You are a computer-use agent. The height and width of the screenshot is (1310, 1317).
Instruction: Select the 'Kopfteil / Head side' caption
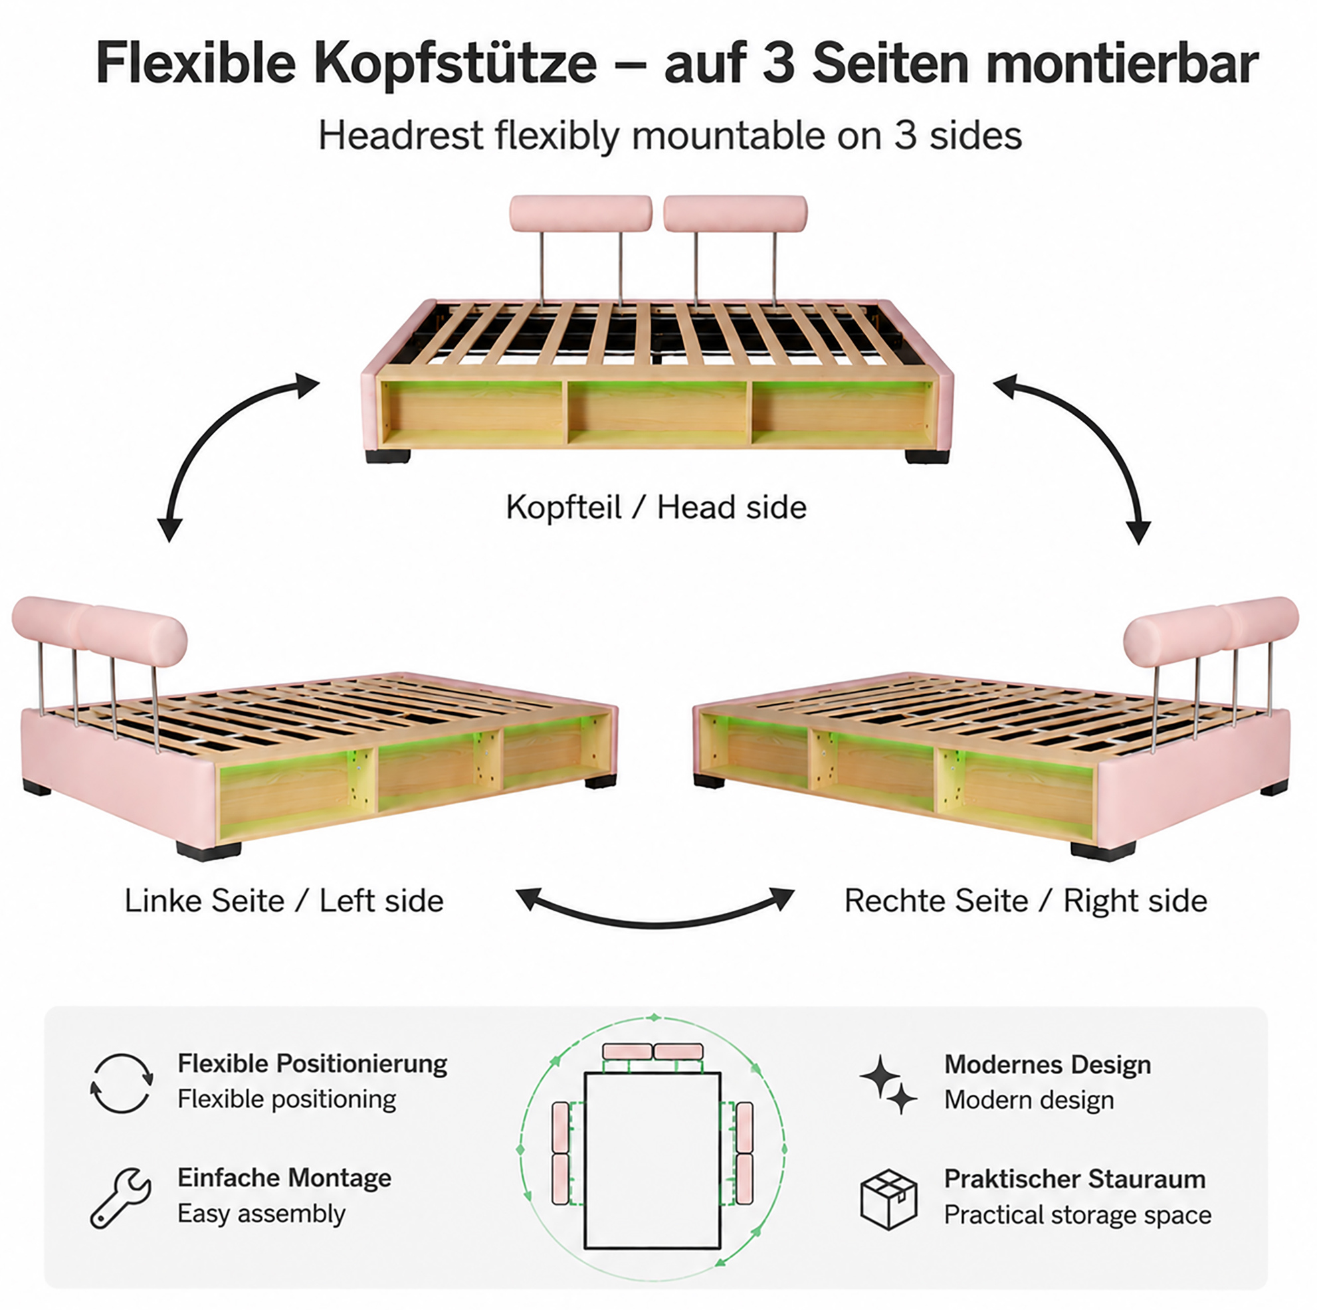coord(656,507)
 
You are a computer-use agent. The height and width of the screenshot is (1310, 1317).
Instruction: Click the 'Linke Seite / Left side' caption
coord(284,900)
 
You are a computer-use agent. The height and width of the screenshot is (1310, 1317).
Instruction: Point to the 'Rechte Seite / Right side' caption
coord(1026,900)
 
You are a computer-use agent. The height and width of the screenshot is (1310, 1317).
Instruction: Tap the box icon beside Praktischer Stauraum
coord(889,1200)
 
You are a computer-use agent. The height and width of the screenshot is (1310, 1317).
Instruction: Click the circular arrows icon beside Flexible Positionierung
coord(122,1083)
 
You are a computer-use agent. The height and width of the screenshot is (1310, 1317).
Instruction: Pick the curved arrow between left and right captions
coord(655,924)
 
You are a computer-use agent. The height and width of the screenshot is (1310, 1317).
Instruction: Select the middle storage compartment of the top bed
coord(658,413)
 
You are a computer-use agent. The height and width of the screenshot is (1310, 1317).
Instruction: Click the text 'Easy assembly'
coord(261,1214)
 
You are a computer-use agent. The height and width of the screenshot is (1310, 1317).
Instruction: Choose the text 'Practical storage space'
coord(1078,1214)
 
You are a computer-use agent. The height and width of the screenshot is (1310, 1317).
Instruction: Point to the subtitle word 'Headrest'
coord(401,136)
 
